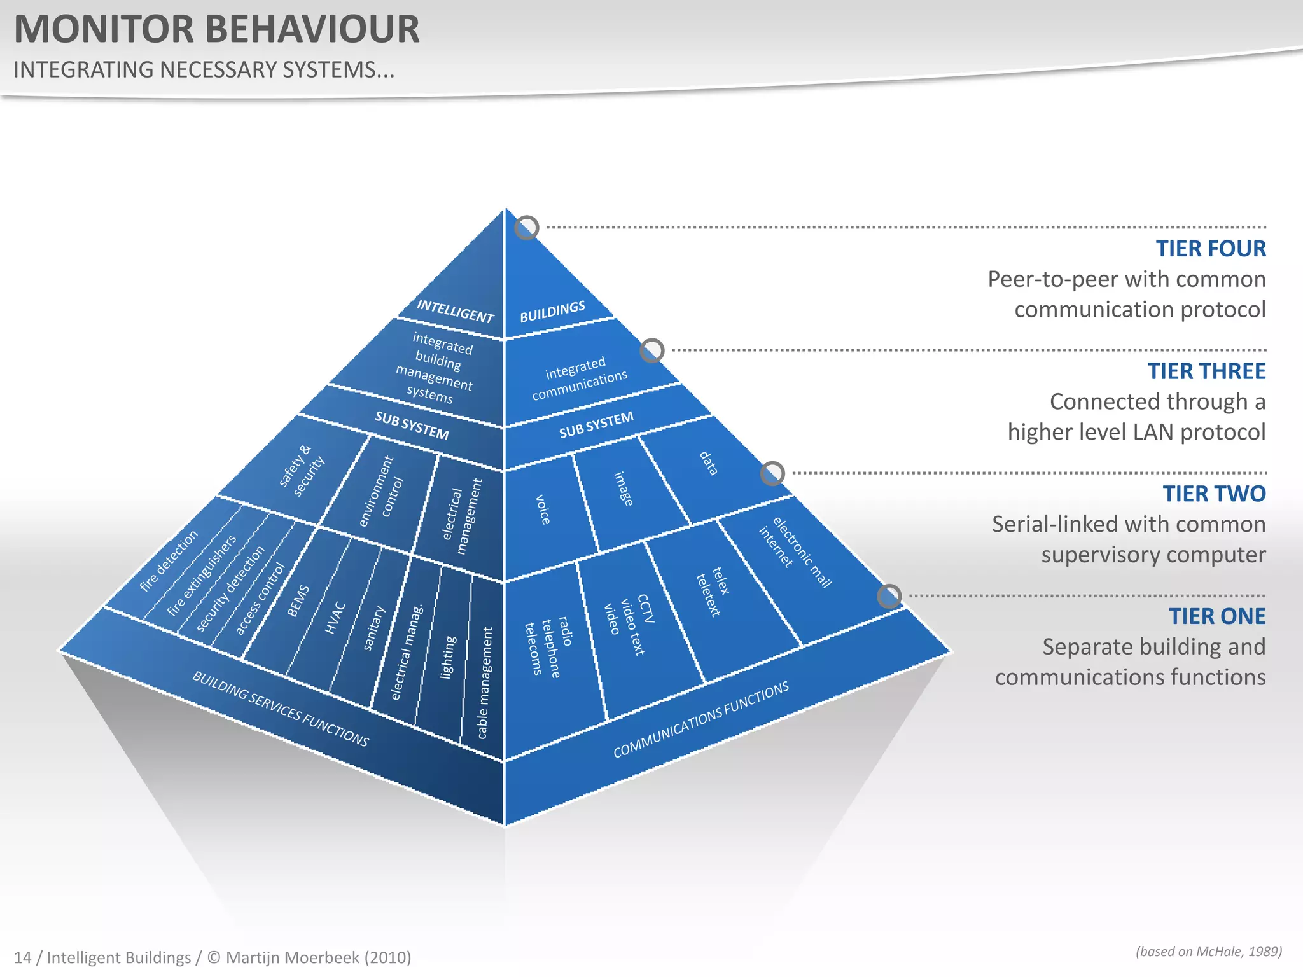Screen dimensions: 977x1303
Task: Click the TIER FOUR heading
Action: pyautogui.click(x=1210, y=249)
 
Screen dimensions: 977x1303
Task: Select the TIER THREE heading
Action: pyautogui.click(x=1206, y=371)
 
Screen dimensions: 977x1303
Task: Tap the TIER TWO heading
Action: pyautogui.click(x=1214, y=494)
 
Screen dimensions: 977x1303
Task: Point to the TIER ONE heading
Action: pyautogui.click(x=1216, y=616)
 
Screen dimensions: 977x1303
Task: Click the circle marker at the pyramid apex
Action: pyautogui.click(x=526, y=227)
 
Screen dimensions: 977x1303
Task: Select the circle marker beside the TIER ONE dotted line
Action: pyautogui.click(x=889, y=596)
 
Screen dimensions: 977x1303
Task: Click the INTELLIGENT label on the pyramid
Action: pyautogui.click(x=455, y=311)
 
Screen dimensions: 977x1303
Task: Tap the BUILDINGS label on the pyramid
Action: pyautogui.click(x=552, y=312)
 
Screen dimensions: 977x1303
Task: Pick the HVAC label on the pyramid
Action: pyautogui.click(x=335, y=618)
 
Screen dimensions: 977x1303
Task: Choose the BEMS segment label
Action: pyautogui.click(x=298, y=601)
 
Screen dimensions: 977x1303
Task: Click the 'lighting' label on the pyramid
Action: pyautogui.click(x=448, y=657)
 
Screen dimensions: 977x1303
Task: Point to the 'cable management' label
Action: pyautogui.click(x=485, y=683)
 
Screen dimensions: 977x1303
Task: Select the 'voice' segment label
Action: pyautogui.click(x=543, y=509)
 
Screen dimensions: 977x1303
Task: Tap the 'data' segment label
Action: pyautogui.click(x=708, y=463)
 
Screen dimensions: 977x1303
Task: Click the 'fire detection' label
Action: pyautogui.click(x=169, y=561)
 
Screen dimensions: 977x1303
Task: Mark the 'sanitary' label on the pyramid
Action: pyautogui.click(x=373, y=628)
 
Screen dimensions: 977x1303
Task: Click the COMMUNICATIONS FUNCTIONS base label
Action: pyautogui.click(x=700, y=719)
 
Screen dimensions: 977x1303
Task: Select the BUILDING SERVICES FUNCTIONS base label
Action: pyautogui.click(x=280, y=709)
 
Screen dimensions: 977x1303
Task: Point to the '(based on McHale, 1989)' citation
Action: pyautogui.click(x=1208, y=952)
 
